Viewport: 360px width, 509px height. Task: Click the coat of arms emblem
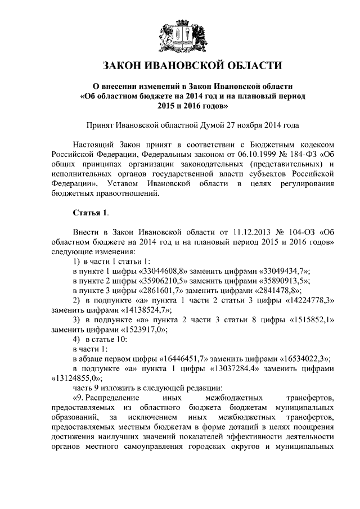(x=180, y=34)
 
